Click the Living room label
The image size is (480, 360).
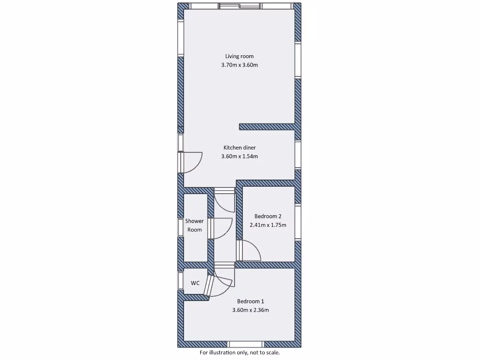(x=239, y=56)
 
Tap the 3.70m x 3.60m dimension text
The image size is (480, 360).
(x=239, y=65)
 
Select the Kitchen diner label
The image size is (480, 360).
(x=239, y=148)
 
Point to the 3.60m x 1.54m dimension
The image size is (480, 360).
(x=239, y=157)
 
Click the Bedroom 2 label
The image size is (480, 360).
(x=268, y=216)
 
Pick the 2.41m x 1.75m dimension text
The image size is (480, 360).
(x=268, y=225)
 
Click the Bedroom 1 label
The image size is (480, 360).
(x=250, y=301)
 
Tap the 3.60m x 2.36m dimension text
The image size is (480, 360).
(x=250, y=310)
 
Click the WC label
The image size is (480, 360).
(x=195, y=283)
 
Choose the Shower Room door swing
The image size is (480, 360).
(x=222, y=228)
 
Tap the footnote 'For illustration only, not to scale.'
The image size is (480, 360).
(x=240, y=352)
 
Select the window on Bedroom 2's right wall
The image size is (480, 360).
(x=298, y=223)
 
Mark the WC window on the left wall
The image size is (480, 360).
(x=180, y=280)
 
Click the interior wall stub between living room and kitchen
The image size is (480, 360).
(x=267, y=127)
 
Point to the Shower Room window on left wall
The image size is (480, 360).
(x=180, y=227)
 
